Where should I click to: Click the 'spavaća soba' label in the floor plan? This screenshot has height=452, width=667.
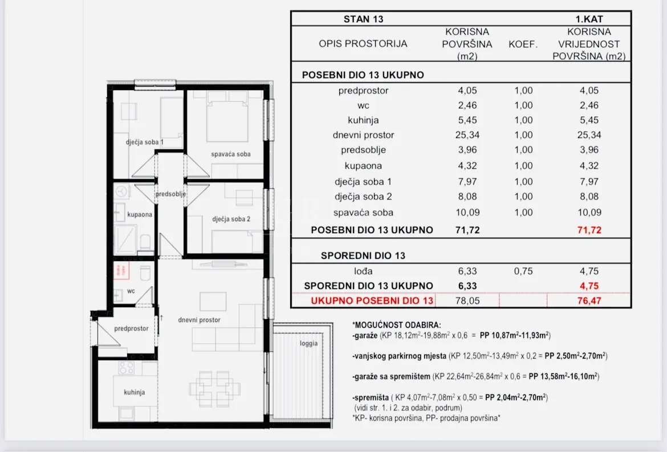(x=230, y=154)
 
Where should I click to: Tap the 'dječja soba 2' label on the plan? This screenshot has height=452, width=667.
(x=231, y=219)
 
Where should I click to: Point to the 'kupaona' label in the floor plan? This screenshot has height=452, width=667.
(x=140, y=215)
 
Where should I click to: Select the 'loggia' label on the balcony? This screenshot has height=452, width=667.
(x=308, y=343)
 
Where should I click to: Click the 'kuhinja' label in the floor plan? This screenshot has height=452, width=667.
(x=135, y=392)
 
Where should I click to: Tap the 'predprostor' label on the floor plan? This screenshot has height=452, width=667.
(x=131, y=328)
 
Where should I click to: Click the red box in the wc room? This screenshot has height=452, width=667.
(x=121, y=270)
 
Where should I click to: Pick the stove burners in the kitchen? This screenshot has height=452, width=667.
(x=127, y=368)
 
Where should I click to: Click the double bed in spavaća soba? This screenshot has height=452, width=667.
(x=227, y=116)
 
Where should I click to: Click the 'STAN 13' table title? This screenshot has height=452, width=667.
(x=363, y=19)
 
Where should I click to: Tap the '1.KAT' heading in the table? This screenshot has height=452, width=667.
(x=589, y=19)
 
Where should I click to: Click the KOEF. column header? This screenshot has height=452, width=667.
(x=523, y=44)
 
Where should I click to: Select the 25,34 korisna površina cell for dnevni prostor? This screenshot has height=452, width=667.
(x=467, y=135)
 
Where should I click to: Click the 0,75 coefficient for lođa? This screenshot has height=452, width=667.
(x=523, y=271)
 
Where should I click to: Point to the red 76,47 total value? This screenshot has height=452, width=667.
(x=589, y=301)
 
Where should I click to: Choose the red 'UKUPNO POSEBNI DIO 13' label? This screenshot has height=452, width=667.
(x=372, y=301)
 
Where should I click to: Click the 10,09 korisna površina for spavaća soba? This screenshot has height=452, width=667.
(x=467, y=213)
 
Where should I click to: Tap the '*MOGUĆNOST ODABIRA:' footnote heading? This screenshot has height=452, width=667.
(x=396, y=325)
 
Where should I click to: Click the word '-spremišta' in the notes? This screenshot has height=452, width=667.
(x=371, y=398)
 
